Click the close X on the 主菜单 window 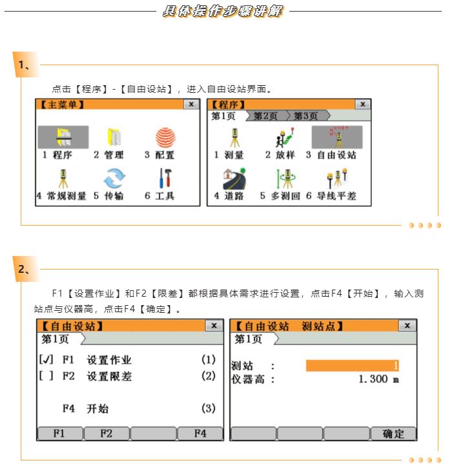(191, 104)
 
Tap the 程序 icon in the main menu (63, 137)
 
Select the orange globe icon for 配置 (165, 137)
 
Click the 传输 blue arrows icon (114, 179)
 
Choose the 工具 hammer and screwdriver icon (165, 178)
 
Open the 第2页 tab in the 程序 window (266, 115)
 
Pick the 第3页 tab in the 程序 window (307, 115)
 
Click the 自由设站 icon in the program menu (337, 137)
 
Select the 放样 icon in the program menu (285, 137)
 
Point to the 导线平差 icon (337, 178)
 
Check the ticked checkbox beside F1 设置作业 (46, 359)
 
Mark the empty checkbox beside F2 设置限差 (46, 376)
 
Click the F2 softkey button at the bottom (107, 433)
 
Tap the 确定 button (393, 433)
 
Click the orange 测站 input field (353, 366)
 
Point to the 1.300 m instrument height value (379, 379)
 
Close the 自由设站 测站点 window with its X (407, 326)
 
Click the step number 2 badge (25, 269)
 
